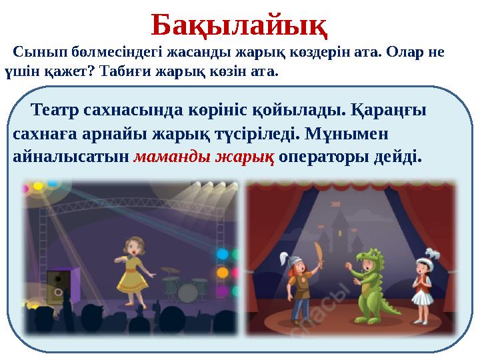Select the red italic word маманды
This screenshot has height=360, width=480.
(167, 159)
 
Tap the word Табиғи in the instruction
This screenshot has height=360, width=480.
(121, 70)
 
